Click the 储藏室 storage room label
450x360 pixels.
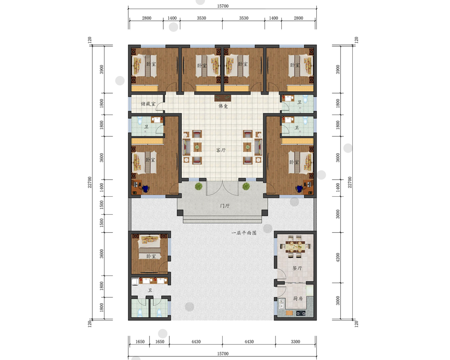point(148,103)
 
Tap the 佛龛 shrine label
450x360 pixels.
point(223,106)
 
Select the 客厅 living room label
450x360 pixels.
point(220,150)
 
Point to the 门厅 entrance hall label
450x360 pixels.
point(225,206)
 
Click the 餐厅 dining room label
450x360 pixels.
point(297,268)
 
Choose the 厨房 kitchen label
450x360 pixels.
point(298,298)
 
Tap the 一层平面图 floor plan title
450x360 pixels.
point(244,233)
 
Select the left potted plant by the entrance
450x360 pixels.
point(198,186)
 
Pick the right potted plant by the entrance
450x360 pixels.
point(246,186)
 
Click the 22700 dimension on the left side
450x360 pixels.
point(90,182)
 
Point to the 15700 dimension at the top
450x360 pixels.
point(223,6)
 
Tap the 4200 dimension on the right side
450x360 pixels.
point(338,257)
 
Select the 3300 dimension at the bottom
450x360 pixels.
point(295,342)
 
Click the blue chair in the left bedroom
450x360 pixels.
point(145,189)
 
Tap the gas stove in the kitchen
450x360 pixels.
point(301,313)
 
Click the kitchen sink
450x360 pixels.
point(282,303)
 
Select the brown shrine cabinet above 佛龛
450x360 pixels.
point(223,98)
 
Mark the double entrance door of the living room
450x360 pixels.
point(222,188)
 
